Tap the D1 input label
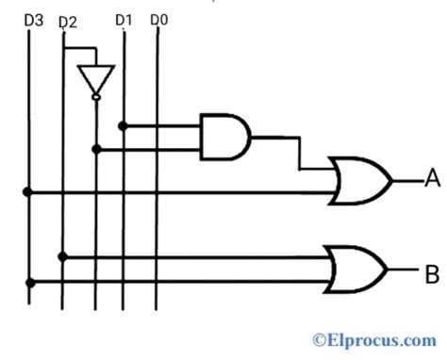point(124,18)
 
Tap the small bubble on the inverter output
point(95,97)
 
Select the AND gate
point(224,136)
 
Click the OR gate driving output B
point(356,269)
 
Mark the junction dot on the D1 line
point(124,124)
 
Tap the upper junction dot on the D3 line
point(28,191)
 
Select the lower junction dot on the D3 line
point(28,282)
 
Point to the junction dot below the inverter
point(95,148)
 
